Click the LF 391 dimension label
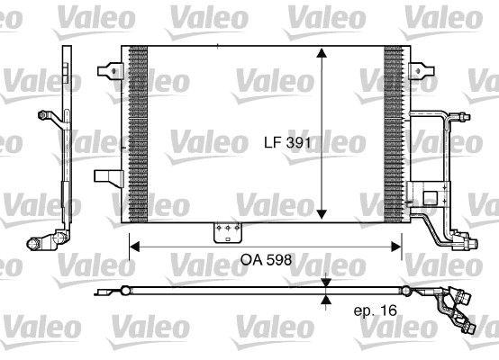(287, 142)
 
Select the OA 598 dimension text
(266, 260)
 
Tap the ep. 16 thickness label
(376, 310)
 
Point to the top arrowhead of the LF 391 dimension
(322, 53)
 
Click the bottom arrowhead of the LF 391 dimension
(322, 214)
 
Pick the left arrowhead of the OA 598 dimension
(135, 247)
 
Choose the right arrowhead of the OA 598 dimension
(396, 247)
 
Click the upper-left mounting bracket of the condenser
(111, 71)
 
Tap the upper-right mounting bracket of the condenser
(422, 71)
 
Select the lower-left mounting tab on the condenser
(109, 179)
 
